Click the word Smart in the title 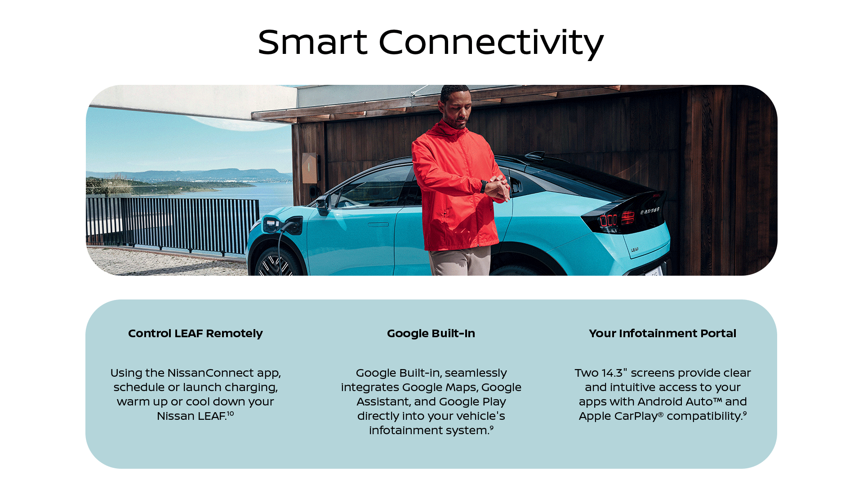[312, 42]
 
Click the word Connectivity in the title [491, 43]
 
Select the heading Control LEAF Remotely [195, 334]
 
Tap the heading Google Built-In [431, 334]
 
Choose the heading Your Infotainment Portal [663, 334]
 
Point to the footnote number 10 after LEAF [230, 414]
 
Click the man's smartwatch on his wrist [484, 186]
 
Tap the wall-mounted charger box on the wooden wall [310, 168]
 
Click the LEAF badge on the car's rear [635, 250]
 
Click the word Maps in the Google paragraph [462, 387]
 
